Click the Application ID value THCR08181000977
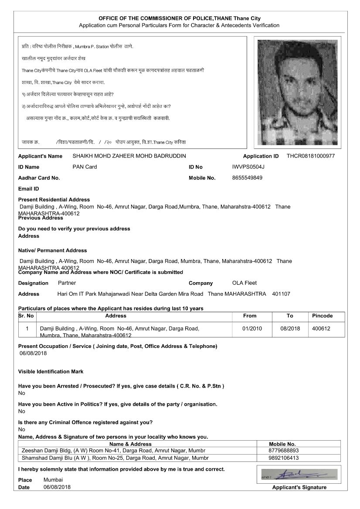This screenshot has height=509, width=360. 311,156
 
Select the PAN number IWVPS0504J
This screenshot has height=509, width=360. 248,167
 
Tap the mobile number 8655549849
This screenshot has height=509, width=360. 248,178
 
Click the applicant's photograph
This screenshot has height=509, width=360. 297,92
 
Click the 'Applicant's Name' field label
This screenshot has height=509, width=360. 40,156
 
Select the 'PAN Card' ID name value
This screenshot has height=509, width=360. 85,167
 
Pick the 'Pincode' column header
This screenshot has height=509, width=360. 322,316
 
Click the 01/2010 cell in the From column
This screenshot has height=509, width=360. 252,328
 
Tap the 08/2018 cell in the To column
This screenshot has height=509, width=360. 290,328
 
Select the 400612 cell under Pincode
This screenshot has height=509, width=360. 321,328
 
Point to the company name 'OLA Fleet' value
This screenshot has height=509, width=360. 245,283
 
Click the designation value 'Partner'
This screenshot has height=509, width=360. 67,283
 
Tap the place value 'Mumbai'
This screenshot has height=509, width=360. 53,479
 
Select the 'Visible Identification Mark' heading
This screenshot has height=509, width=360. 51,371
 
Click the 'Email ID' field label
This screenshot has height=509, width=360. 28,189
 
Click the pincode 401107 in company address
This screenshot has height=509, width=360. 281,294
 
